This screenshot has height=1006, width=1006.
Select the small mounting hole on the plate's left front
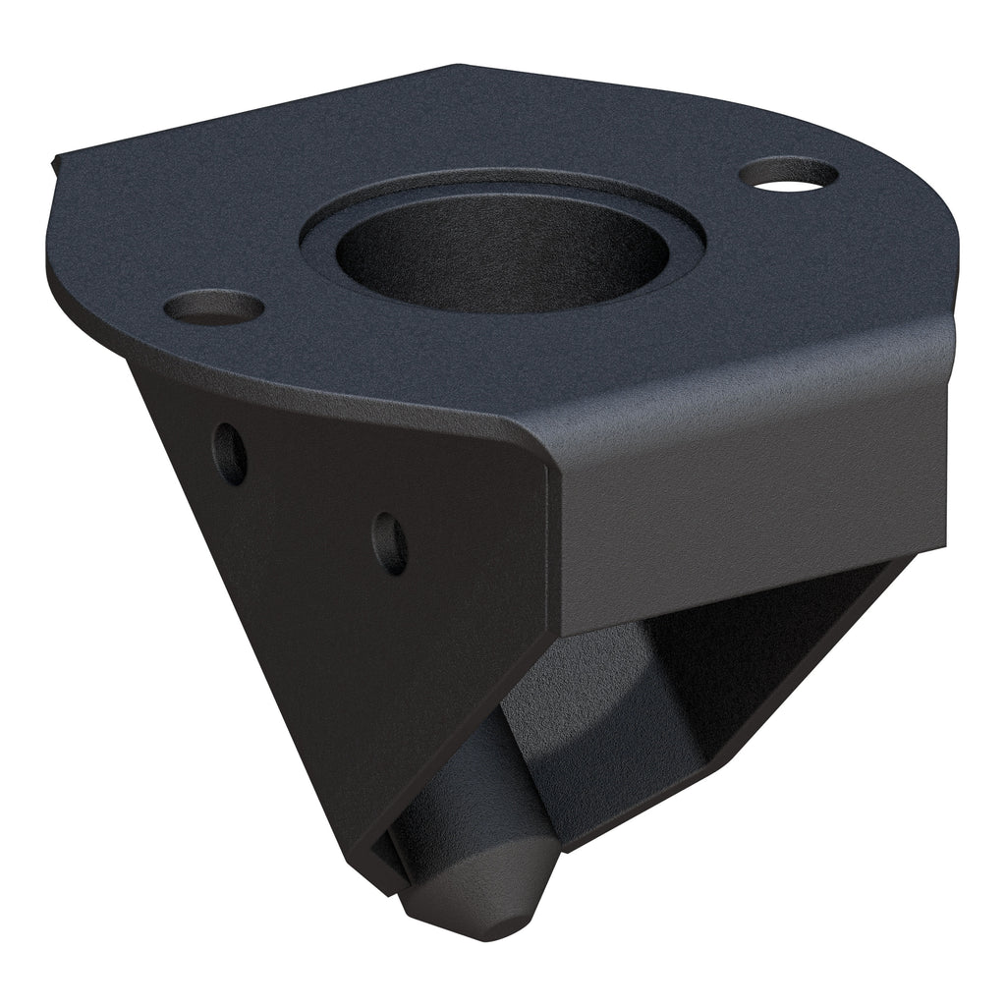(213, 307)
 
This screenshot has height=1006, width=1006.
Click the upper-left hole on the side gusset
(230, 453)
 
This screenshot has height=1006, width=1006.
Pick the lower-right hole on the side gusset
(390, 543)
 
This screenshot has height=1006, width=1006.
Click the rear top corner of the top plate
(457, 67)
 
